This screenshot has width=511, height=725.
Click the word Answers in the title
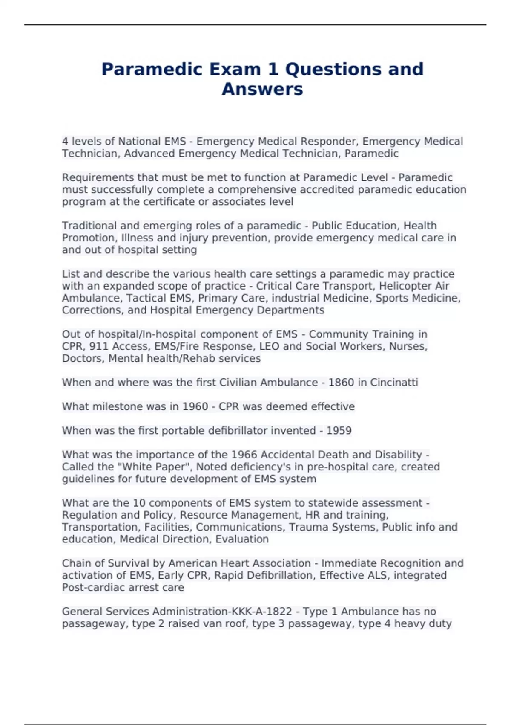(262, 89)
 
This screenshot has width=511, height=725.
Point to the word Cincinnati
(394, 383)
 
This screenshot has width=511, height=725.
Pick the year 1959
(339, 431)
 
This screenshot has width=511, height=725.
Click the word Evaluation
(242, 539)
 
